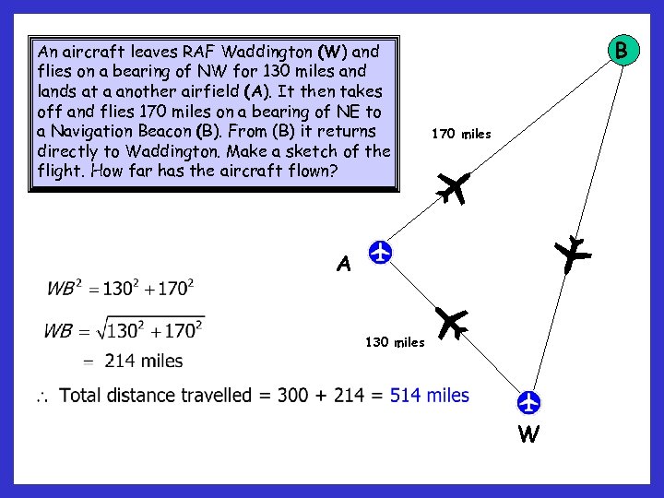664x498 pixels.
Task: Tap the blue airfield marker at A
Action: coord(379,251)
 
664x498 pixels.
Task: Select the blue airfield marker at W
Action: coord(528,403)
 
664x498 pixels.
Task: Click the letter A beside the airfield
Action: coord(344,265)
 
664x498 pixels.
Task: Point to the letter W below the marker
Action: coord(528,434)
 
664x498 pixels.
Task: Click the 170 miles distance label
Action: coord(461,135)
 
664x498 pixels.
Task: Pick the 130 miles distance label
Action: coord(395,342)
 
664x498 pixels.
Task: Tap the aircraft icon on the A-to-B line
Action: coord(454,187)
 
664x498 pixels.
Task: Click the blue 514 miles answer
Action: coord(430,396)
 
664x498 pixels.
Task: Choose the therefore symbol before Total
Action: coord(42,397)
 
